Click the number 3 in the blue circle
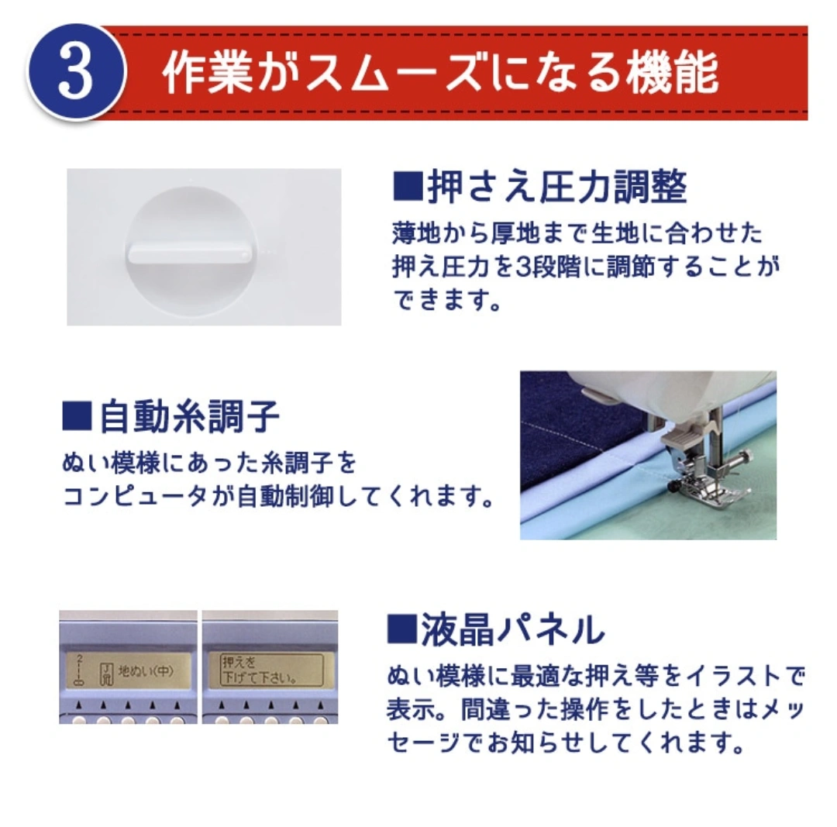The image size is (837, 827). tap(76, 71)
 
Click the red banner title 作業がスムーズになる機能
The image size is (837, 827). tap(440, 73)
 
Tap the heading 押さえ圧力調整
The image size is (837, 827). tap(557, 187)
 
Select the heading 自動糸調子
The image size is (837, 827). tap(189, 417)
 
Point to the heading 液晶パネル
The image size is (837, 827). tap(512, 629)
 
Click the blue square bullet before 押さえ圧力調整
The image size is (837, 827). tap(408, 186)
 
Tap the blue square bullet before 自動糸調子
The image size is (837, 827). tap(77, 416)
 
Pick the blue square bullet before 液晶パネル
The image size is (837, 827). tap(401, 629)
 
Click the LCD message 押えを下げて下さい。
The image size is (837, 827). tap(257, 670)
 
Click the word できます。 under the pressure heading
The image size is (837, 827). tap(447, 300)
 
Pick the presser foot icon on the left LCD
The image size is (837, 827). tap(107, 674)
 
